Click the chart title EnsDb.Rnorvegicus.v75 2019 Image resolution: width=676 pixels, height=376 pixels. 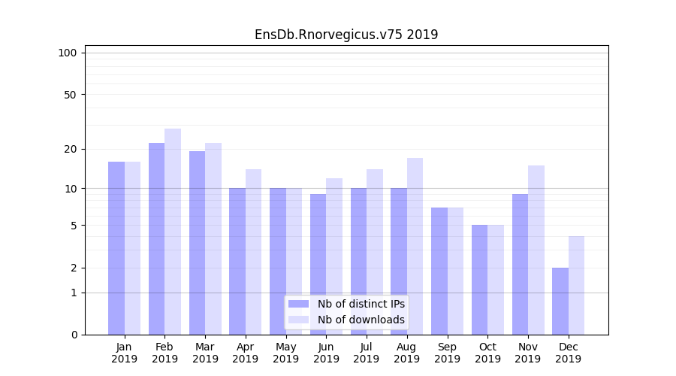coord(346,35)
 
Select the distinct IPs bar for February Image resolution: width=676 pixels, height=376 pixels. coord(156,238)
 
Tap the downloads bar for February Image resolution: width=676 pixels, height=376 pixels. coord(173,232)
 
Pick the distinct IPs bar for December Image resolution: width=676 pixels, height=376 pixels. coord(560,301)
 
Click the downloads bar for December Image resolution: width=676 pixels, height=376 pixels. coord(577,285)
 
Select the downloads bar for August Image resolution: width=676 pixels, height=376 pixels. coord(415,246)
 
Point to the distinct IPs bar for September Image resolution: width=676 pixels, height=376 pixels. coord(439,271)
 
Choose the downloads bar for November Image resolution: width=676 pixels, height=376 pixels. coord(536,250)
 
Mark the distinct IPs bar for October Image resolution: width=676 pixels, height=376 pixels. coord(480,280)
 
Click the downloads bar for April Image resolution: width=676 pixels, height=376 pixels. coord(253,252)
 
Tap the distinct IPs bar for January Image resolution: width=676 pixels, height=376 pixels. coord(116,248)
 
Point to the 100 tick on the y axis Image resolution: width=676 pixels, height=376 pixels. coord(68,53)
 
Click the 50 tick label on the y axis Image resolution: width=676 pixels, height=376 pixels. coord(70,95)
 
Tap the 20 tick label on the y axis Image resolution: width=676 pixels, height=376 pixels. coord(70,149)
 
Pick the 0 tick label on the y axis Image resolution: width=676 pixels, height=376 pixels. coord(73,335)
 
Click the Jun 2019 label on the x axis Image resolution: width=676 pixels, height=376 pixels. coord(326,353)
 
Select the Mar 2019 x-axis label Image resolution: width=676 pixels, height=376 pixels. coord(205,353)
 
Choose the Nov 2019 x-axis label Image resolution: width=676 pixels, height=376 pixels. coord(528,353)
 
